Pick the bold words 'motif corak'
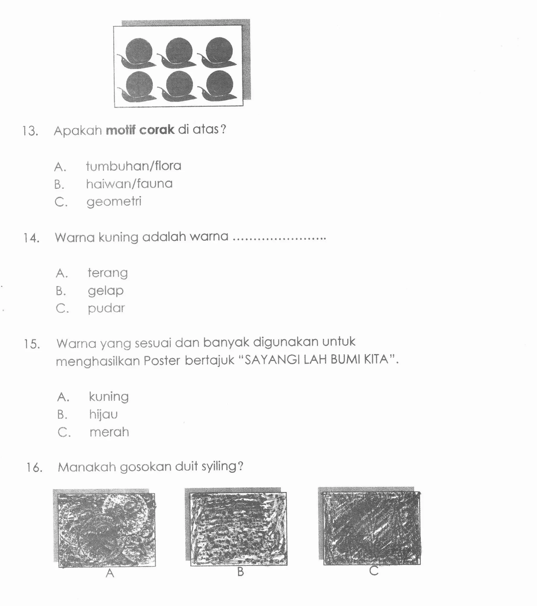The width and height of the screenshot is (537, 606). click(140, 130)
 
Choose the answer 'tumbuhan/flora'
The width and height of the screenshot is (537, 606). click(133, 166)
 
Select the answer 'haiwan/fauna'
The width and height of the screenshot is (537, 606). click(129, 184)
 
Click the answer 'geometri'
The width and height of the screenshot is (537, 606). click(114, 201)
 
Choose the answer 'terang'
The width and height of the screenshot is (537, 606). click(108, 273)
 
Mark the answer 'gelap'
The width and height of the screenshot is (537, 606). click(106, 291)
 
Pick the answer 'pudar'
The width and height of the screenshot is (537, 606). click(106, 308)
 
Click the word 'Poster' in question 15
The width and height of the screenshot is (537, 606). click(162, 361)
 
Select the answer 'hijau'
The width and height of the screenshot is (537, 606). click(104, 414)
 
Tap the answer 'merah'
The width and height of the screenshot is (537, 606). click(109, 432)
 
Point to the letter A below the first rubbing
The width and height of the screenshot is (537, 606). click(110, 573)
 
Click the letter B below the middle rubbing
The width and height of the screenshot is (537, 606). click(240, 572)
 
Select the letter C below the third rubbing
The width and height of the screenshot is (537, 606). click(374, 571)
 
